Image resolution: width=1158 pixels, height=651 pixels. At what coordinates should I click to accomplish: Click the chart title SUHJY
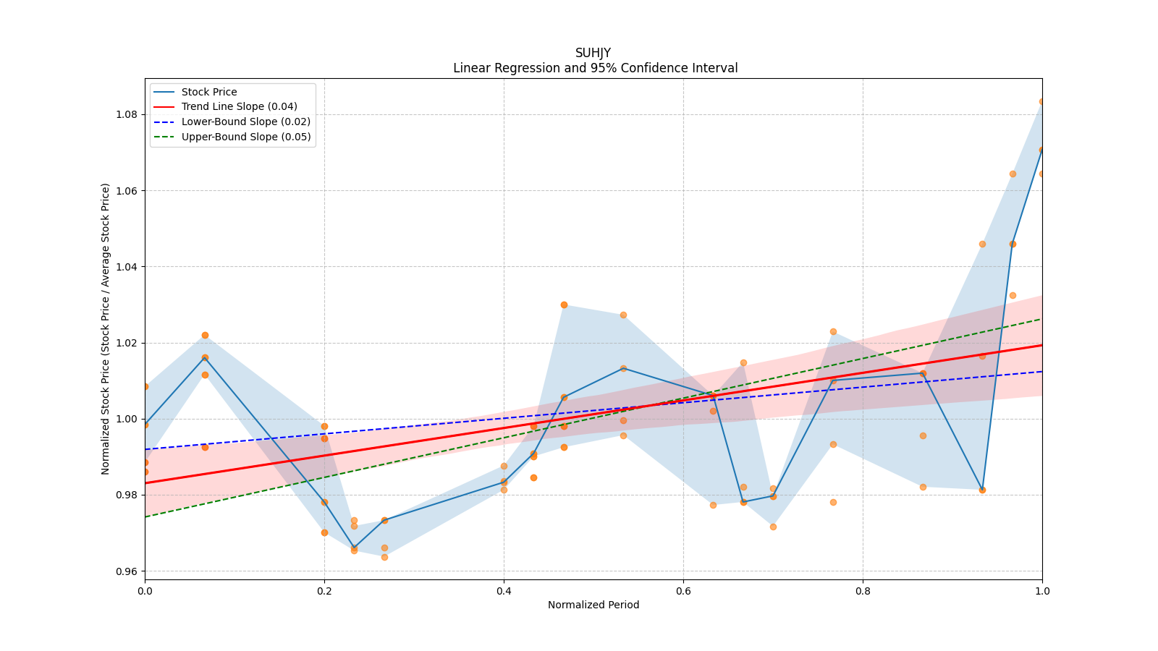tap(593, 53)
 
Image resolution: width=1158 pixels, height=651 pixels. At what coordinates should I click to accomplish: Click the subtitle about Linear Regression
tap(595, 68)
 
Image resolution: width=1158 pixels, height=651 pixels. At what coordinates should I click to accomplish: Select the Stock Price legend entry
tap(209, 92)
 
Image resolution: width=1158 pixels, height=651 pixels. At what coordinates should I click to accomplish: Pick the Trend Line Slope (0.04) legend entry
tap(239, 107)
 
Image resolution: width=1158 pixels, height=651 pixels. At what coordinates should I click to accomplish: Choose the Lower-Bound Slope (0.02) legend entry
tap(245, 122)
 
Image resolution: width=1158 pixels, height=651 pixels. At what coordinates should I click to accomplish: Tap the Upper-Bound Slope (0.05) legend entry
tap(245, 137)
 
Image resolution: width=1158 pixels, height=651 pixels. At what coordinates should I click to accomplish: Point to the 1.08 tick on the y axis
tap(127, 114)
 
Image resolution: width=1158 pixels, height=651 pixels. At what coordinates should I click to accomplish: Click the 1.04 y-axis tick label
tap(127, 267)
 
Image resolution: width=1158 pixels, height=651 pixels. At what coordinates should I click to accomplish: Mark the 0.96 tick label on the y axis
tap(127, 571)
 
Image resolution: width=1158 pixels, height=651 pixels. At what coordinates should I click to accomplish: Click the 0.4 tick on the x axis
tap(504, 591)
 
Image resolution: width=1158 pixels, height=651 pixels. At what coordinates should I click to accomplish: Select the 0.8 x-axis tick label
tap(863, 591)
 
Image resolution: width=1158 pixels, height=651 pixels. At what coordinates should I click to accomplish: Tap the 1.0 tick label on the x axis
tap(1042, 591)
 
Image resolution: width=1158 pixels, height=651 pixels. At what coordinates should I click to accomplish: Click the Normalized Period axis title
tap(593, 605)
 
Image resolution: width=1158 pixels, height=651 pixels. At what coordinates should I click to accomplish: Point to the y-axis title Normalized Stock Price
tap(106, 328)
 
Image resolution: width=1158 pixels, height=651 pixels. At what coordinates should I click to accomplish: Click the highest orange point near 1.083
tap(1041, 101)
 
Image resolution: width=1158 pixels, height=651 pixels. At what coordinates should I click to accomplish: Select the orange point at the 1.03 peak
tap(564, 305)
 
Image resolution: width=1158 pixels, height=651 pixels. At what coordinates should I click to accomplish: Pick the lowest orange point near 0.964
tap(384, 557)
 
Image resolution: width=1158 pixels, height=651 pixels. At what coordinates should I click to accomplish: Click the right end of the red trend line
tap(1041, 345)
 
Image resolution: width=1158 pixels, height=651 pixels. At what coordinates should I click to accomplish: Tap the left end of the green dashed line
tap(145, 516)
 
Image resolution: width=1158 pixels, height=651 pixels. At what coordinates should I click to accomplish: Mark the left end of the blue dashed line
tap(145, 449)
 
